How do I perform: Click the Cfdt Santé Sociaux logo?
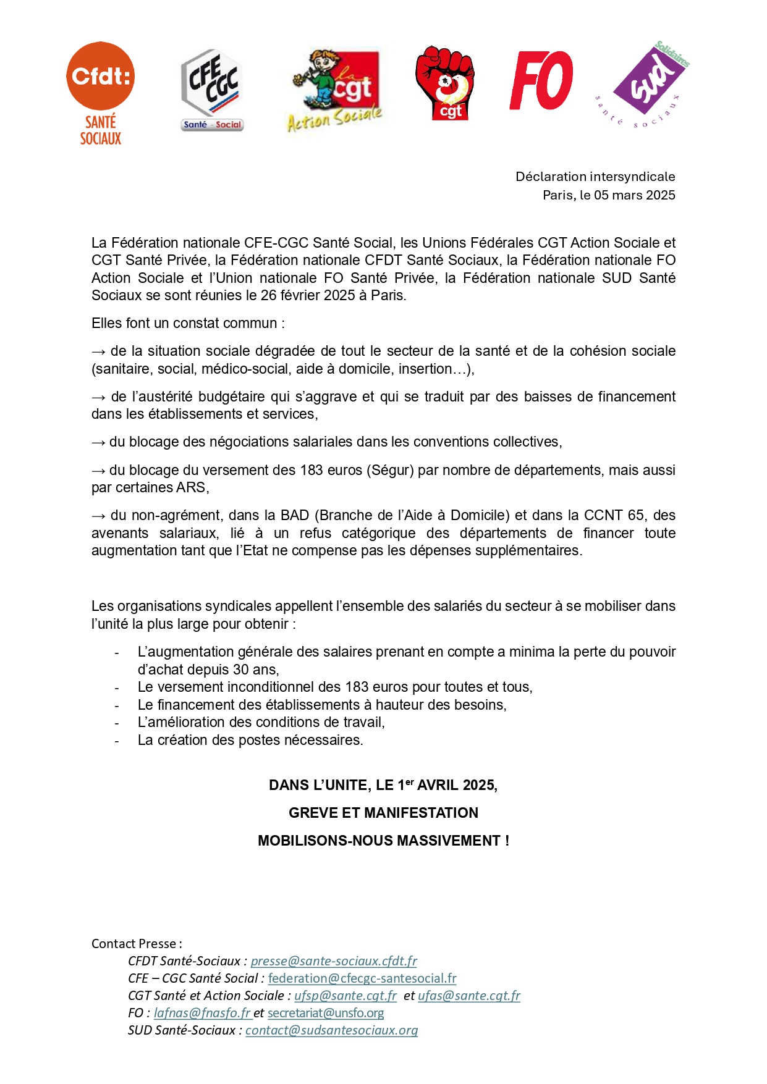tap(100, 93)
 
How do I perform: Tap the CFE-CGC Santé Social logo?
tap(211, 90)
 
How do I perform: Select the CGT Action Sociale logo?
tap(334, 90)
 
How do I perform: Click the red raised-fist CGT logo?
tap(445, 83)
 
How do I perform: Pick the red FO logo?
tap(541, 81)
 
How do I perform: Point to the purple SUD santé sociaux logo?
tap(646, 83)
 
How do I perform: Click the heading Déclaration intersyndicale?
tap(595, 177)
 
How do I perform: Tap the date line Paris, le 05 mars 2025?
tap(609, 195)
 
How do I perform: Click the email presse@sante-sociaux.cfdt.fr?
tap(334, 961)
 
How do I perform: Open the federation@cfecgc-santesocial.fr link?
tap(362, 978)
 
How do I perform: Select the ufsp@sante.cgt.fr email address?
tap(345, 996)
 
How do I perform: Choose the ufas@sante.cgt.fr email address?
tap(469, 996)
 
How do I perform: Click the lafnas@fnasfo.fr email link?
tap(202, 1013)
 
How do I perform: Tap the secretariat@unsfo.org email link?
tap(326, 1013)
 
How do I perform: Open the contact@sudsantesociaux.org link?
tap(331, 1030)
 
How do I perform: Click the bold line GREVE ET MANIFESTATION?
tap(383, 813)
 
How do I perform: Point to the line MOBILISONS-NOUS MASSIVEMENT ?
tap(383, 841)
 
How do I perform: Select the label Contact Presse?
tap(137, 944)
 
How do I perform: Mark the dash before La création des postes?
tap(117, 741)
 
